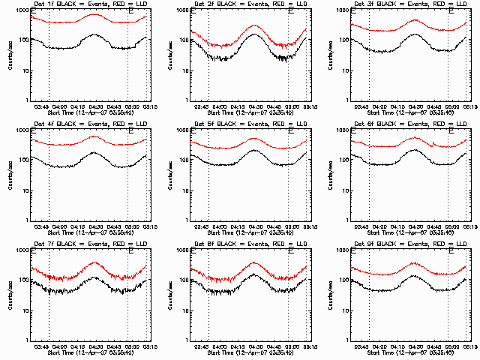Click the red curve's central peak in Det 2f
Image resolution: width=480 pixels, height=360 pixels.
pos(253,25)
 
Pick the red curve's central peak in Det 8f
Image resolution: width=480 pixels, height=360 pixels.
pos(253,263)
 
